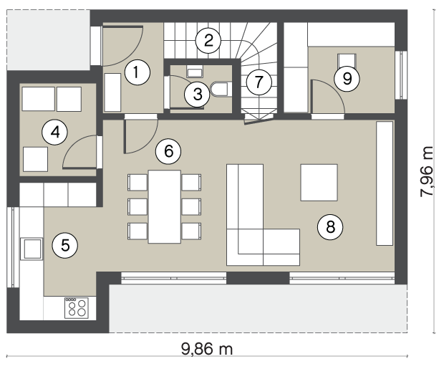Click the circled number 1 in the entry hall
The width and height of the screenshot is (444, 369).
[x=137, y=72]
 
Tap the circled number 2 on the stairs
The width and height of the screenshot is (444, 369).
[x=208, y=41]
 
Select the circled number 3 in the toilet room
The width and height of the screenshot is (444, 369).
[x=198, y=95]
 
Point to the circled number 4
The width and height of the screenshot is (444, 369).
[x=54, y=133]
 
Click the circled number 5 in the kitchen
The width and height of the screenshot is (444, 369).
[x=65, y=246]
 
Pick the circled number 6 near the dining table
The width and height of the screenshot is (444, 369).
[x=168, y=151]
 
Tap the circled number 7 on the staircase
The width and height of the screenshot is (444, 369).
[x=259, y=82]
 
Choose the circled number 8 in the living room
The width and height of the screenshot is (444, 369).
[x=330, y=226]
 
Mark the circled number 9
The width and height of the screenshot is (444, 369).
[x=347, y=79]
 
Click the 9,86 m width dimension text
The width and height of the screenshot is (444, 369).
[x=207, y=349]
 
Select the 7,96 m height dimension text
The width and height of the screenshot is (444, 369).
[x=427, y=171]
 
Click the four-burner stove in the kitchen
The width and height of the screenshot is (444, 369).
[x=77, y=308]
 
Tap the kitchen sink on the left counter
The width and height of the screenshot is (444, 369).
[x=32, y=249]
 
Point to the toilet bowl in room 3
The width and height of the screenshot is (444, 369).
[x=220, y=90]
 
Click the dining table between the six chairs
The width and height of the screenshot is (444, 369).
[x=165, y=206]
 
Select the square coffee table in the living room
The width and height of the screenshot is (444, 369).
[x=319, y=183]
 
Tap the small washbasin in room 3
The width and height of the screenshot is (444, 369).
[x=195, y=71]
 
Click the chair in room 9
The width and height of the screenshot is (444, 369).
[x=347, y=61]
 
